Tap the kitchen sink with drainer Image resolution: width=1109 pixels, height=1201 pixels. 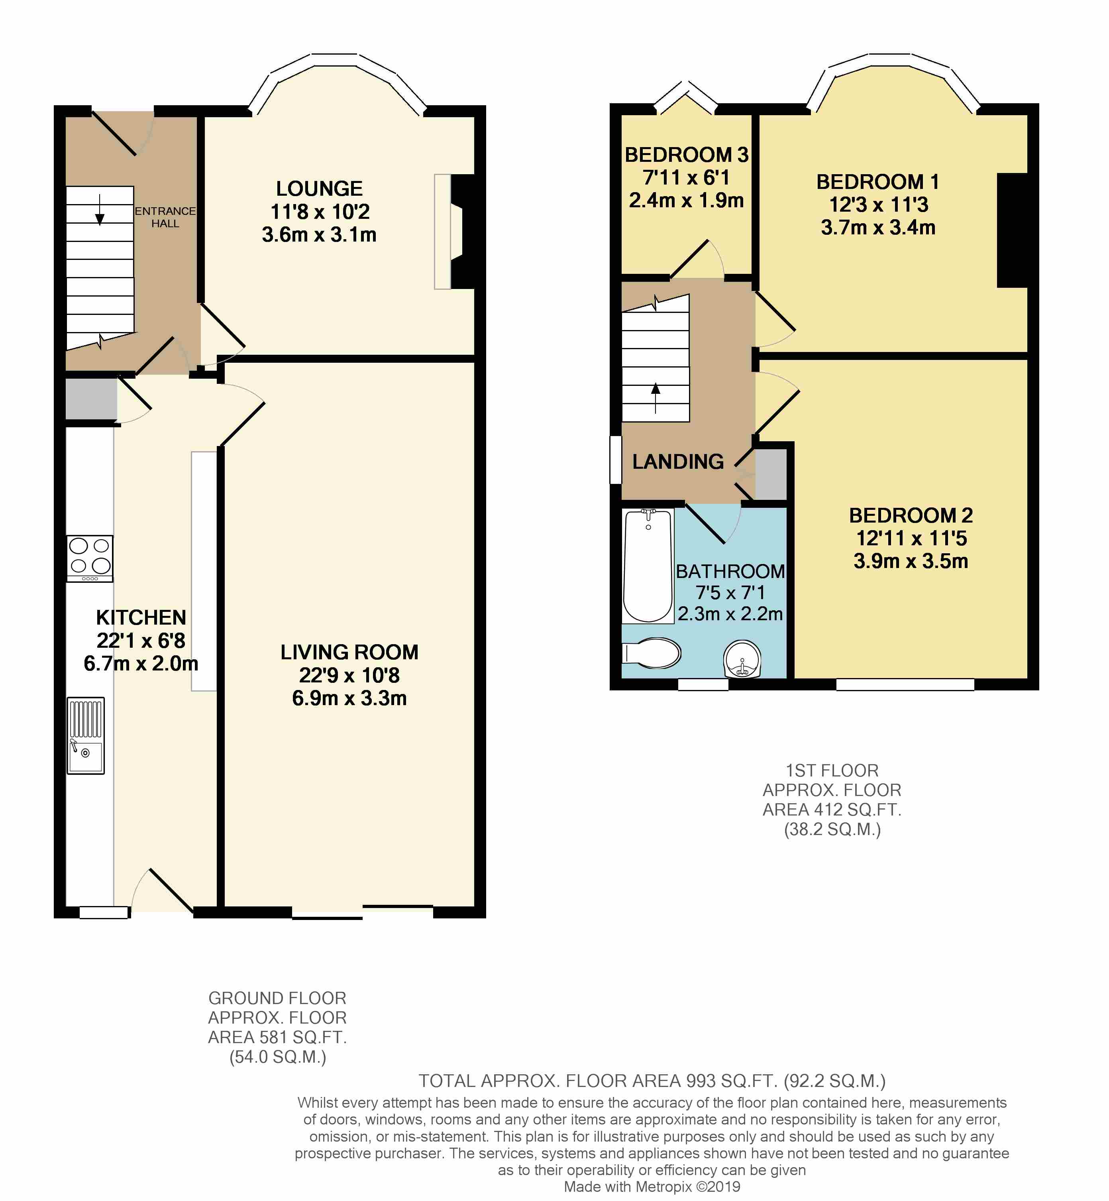(86, 735)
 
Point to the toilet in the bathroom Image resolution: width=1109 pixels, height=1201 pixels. (652, 653)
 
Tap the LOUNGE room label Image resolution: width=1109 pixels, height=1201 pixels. (319, 189)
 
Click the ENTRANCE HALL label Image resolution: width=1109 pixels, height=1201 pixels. (165, 217)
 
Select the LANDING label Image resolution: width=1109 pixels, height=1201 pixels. (678, 462)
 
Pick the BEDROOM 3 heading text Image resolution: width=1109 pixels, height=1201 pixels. (687, 155)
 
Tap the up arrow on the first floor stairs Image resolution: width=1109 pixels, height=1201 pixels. (655, 398)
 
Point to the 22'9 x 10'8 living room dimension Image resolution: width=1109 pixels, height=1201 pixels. (349, 675)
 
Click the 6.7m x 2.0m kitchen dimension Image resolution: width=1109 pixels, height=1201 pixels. (141, 663)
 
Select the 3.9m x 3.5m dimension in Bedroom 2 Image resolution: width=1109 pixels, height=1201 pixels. (911, 561)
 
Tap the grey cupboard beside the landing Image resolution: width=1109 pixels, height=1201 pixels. (771, 474)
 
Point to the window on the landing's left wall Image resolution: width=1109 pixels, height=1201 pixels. (616, 460)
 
